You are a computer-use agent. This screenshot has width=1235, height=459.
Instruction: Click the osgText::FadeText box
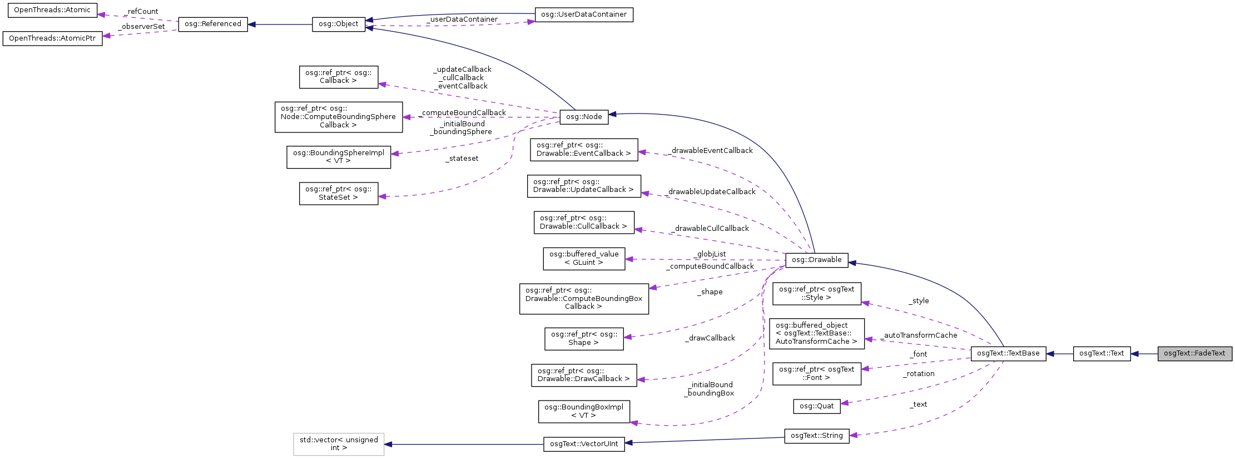pyautogui.click(x=1194, y=353)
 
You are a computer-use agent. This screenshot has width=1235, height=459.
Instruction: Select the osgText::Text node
pyautogui.click(x=1101, y=353)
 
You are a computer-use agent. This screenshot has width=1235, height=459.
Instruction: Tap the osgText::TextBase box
pyautogui.click(x=1008, y=353)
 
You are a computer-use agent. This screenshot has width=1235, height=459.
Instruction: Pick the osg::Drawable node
pyautogui.click(x=816, y=260)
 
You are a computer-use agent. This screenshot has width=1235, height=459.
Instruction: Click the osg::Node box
pyautogui.click(x=584, y=117)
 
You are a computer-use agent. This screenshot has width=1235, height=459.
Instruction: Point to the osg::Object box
pyautogui.click(x=338, y=24)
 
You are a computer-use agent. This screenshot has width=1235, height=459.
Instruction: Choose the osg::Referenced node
pyautogui.click(x=212, y=24)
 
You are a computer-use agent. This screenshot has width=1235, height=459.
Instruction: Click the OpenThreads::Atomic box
pyautogui.click(x=52, y=10)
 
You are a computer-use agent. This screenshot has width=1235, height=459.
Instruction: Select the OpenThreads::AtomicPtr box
pyautogui.click(x=52, y=38)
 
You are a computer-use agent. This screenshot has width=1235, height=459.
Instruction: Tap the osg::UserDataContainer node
pyautogui.click(x=583, y=14)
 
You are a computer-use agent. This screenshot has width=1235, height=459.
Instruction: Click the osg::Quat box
pyautogui.click(x=816, y=406)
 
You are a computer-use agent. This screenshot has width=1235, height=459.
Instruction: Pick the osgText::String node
pyautogui.click(x=816, y=436)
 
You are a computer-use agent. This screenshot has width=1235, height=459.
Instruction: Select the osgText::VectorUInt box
pyautogui.click(x=583, y=444)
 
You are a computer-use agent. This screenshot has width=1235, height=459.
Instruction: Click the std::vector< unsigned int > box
pyautogui.click(x=338, y=444)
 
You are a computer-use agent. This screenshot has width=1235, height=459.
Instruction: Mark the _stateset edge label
pyautogui.click(x=462, y=159)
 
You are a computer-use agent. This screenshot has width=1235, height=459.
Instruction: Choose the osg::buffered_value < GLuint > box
pyautogui.click(x=583, y=259)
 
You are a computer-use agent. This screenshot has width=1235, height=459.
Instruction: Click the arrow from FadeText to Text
pyautogui.click(x=1144, y=354)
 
